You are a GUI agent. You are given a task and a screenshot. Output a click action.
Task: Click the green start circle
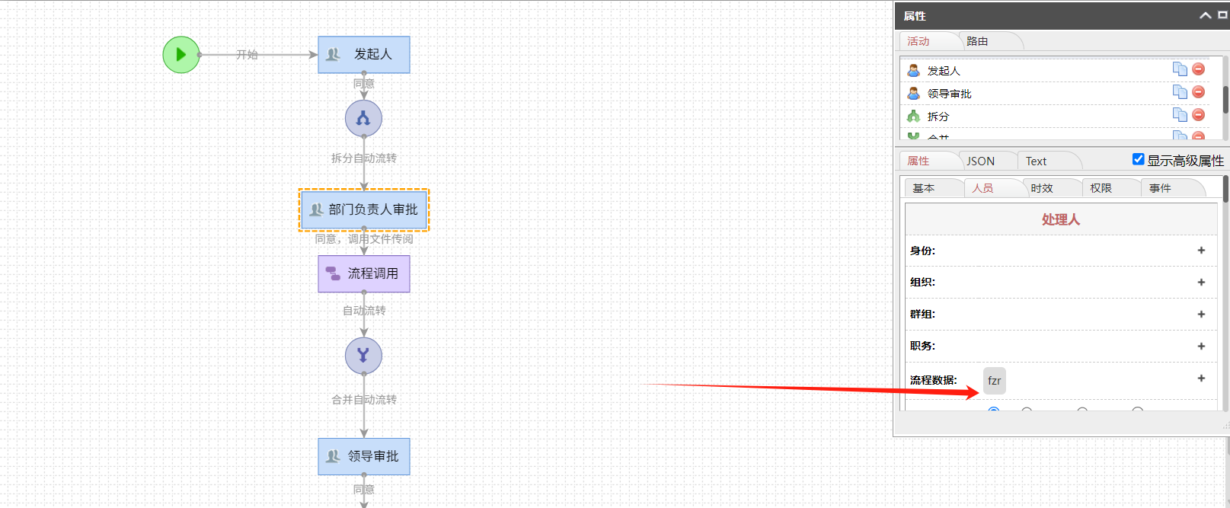tap(181, 55)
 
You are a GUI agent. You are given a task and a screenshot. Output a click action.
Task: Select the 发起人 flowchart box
tap(364, 55)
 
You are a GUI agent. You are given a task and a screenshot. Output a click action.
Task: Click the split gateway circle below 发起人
tap(363, 119)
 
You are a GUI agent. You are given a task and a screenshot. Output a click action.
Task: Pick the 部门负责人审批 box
tap(364, 209)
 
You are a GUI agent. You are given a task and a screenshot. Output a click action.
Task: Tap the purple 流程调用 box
tap(364, 273)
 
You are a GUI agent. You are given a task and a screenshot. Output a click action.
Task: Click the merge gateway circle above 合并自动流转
tap(363, 356)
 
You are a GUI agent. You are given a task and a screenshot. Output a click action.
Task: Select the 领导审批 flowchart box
tap(364, 456)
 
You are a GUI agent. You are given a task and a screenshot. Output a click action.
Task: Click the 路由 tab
tap(977, 41)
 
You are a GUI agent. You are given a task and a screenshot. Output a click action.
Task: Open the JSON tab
tap(980, 161)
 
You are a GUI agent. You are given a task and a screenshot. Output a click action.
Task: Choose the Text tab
tap(1036, 161)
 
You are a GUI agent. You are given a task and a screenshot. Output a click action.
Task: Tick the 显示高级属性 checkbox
tap(1139, 159)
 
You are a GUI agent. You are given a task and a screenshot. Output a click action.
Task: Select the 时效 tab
tap(1042, 188)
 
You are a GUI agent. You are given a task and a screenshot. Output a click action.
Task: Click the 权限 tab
tap(1101, 188)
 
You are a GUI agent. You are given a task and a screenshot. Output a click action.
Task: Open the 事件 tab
tap(1160, 188)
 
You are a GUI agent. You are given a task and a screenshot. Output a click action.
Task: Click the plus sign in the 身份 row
tap(1201, 251)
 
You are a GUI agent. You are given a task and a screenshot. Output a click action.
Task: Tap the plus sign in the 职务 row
tap(1201, 346)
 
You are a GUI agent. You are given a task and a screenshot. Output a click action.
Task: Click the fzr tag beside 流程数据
tap(994, 381)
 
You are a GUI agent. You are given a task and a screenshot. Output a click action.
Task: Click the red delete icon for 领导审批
tap(1199, 92)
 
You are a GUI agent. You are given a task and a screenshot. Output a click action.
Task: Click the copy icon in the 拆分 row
tap(1180, 115)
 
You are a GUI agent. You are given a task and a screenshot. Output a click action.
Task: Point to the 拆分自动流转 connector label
tap(364, 158)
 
